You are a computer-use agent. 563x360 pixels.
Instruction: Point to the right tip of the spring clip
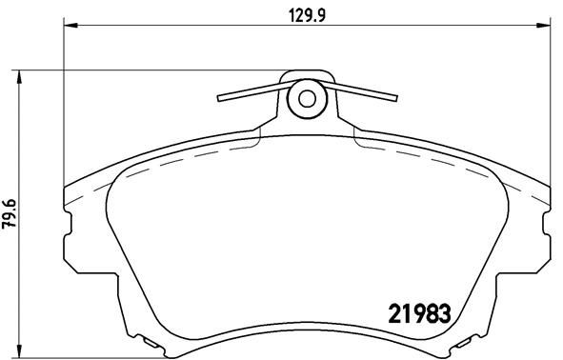[395, 95]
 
